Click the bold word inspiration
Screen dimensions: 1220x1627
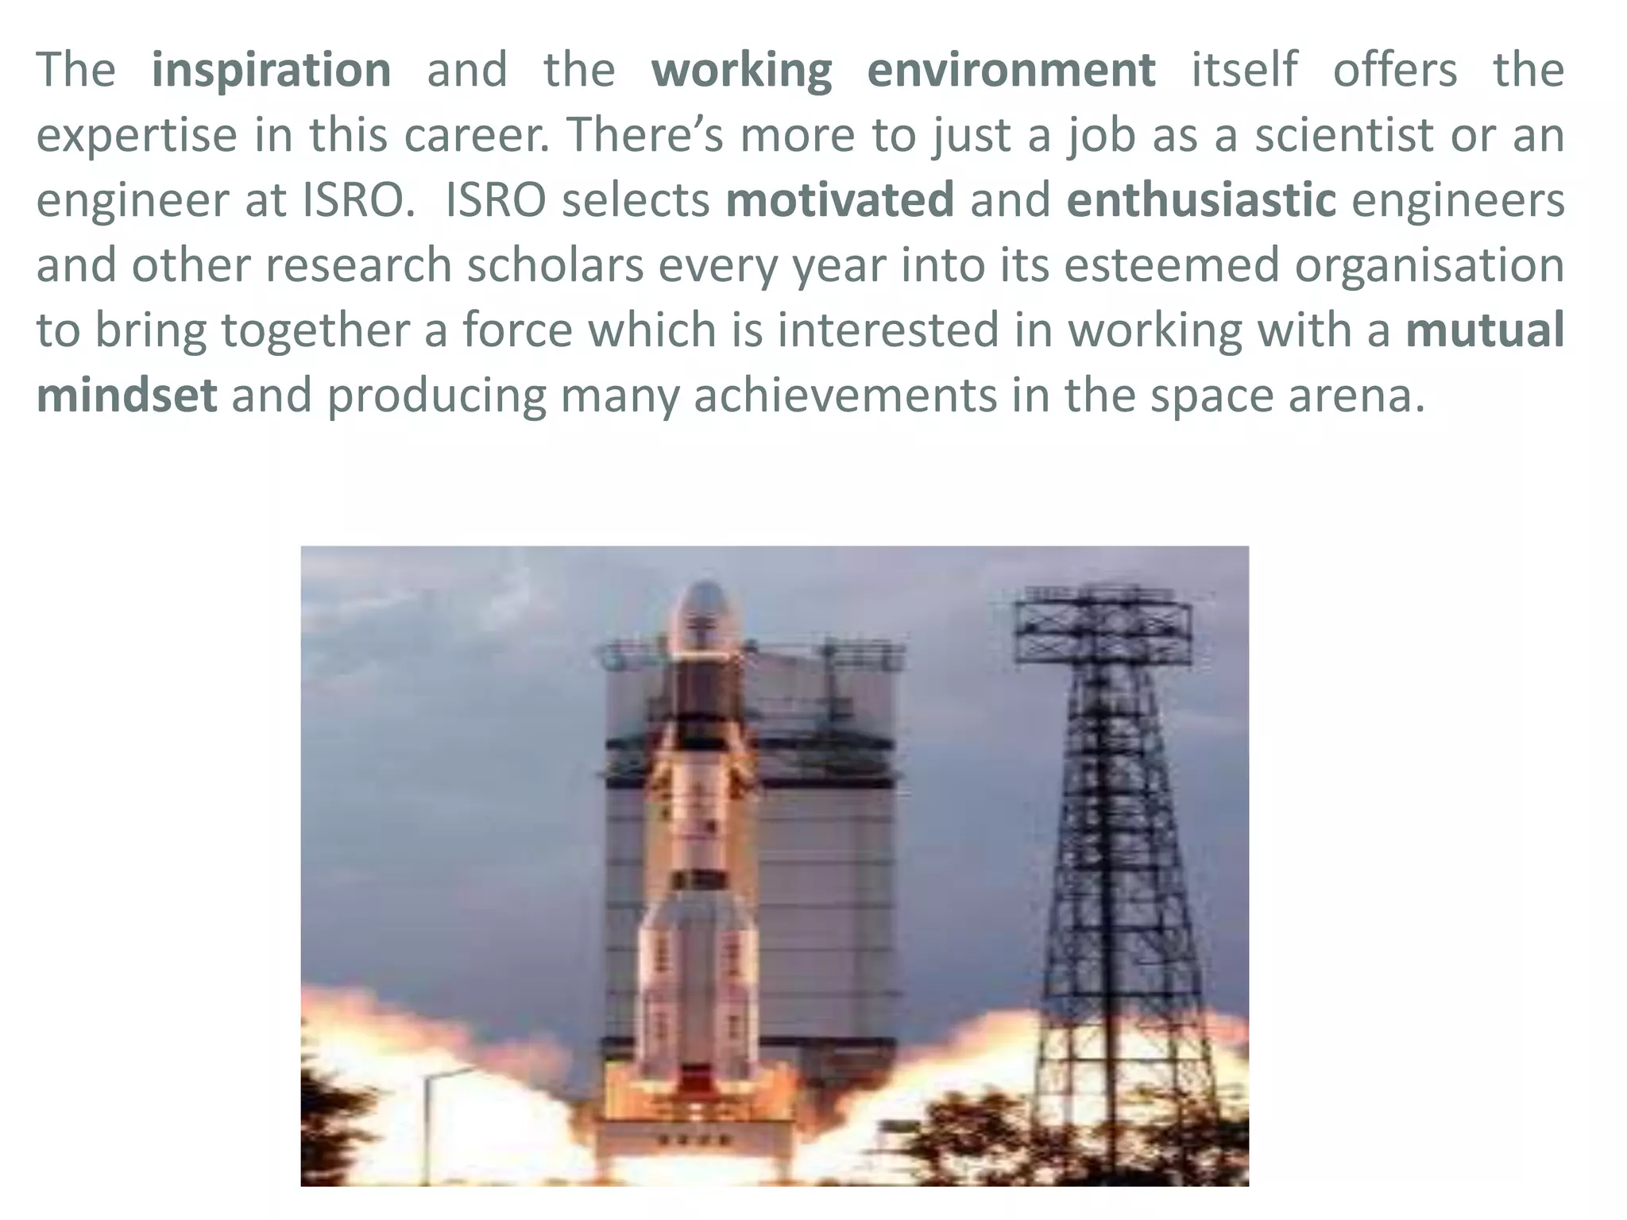271,71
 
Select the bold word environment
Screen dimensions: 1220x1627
1011,71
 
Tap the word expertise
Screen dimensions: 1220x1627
137,136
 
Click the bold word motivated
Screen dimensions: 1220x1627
840,199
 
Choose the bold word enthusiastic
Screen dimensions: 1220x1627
1201,199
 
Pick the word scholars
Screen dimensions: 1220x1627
555,264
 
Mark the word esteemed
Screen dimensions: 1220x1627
1171,264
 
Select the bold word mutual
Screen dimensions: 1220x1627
1485,330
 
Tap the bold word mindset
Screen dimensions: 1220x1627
126,395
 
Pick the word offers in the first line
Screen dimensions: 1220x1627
1395,71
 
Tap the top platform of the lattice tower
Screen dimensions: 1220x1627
1104,627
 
